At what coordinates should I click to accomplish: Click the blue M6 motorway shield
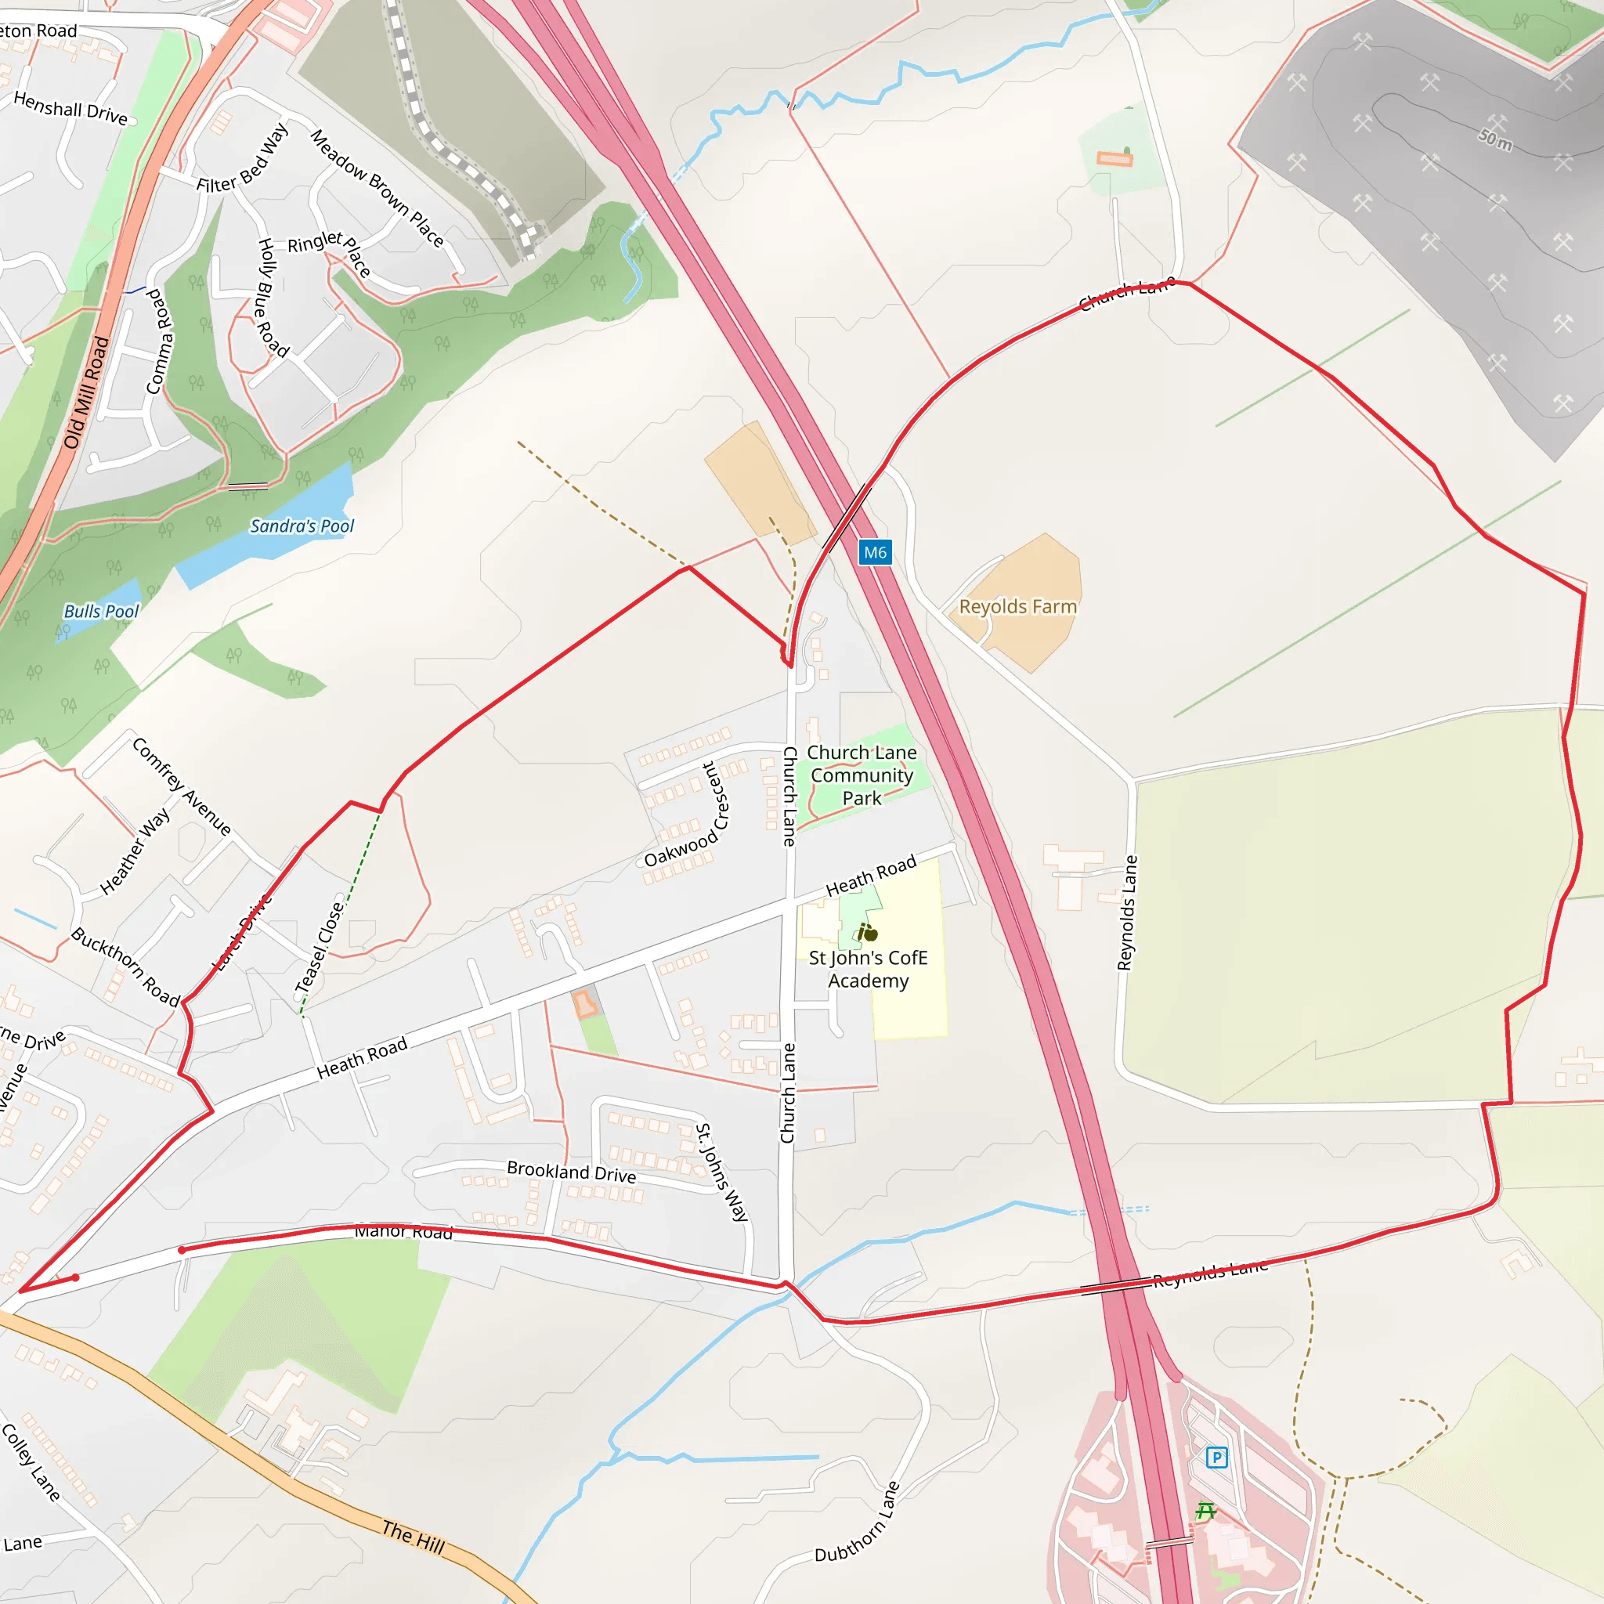(x=875, y=552)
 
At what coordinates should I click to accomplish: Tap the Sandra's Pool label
(x=302, y=526)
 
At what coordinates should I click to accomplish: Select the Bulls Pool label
(x=101, y=612)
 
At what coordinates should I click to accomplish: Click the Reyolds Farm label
(x=1018, y=607)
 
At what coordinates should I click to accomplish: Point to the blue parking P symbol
(x=1216, y=1457)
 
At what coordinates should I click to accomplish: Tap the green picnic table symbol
(x=1206, y=1511)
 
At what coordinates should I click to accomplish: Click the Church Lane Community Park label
(x=862, y=775)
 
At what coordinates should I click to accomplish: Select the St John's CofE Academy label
(x=868, y=969)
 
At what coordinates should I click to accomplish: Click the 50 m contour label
(x=1495, y=139)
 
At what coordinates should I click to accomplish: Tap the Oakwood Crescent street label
(x=688, y=816)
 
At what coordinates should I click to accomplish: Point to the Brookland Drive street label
(x=571, y=1172)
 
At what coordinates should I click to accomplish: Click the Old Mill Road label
(x=86, y=392)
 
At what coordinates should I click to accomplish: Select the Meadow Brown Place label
(x=378, y=188)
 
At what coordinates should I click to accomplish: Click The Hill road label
(x=414, y=1537)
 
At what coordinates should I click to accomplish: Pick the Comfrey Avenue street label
(x=182, y=786)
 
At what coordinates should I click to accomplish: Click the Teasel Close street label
(x=320, y=948)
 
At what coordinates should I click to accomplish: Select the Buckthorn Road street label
(x=125, y=966)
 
